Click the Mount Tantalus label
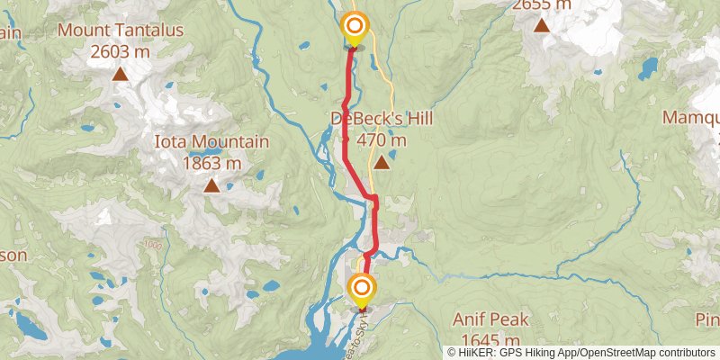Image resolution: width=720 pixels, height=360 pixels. (121, 31)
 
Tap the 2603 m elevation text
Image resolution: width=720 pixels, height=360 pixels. (121, 51)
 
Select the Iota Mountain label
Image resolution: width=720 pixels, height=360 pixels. (211, 142)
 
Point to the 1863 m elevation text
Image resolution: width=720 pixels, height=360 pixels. (211, 163)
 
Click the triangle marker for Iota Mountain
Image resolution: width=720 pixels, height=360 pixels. (211, 186)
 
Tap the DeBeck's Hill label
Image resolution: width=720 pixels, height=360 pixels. (382, 119)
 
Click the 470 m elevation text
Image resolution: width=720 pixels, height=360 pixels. (382, 139)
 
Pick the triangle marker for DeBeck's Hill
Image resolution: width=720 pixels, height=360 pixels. (382, 163)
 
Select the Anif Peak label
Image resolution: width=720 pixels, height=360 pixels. (490, 319)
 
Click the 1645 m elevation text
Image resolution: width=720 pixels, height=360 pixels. (490, 339)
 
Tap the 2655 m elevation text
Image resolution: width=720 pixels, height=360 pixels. (542, 4)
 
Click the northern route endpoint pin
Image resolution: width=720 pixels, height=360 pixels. (355, 27)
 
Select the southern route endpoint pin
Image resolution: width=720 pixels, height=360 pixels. (362, 290)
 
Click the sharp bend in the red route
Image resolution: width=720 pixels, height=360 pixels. (372, 197)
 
